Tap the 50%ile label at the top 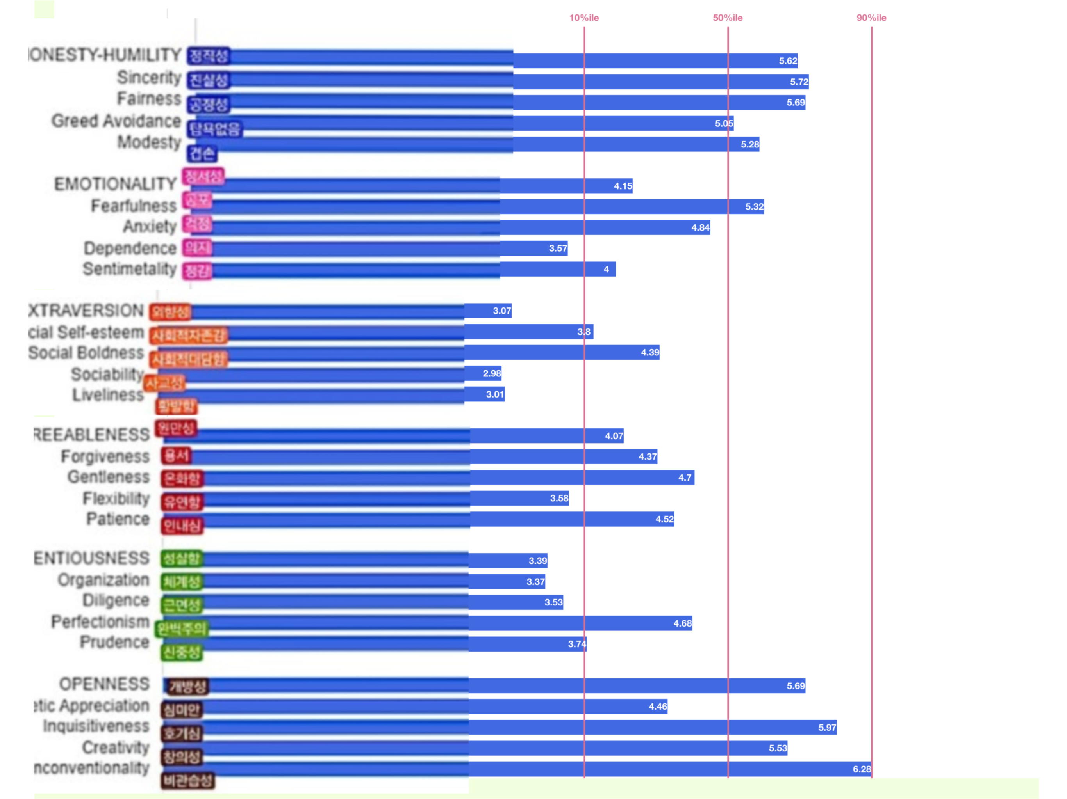point(728,18)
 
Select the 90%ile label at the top point(871,18)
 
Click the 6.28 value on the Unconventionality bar point(862,769)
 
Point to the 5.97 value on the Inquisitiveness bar point(827,728)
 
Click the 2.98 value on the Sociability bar point(492,373)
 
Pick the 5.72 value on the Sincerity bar point(799,82)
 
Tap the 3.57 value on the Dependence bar point(558,249)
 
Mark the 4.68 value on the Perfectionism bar point(683,623)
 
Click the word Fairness point(149,99)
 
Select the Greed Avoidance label point(116,121)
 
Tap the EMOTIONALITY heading point(115,184)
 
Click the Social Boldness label point(86,353)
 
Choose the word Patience point(118,519)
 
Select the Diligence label point(116,600)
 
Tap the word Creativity point(116,748)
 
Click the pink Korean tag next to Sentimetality point(197,271)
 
